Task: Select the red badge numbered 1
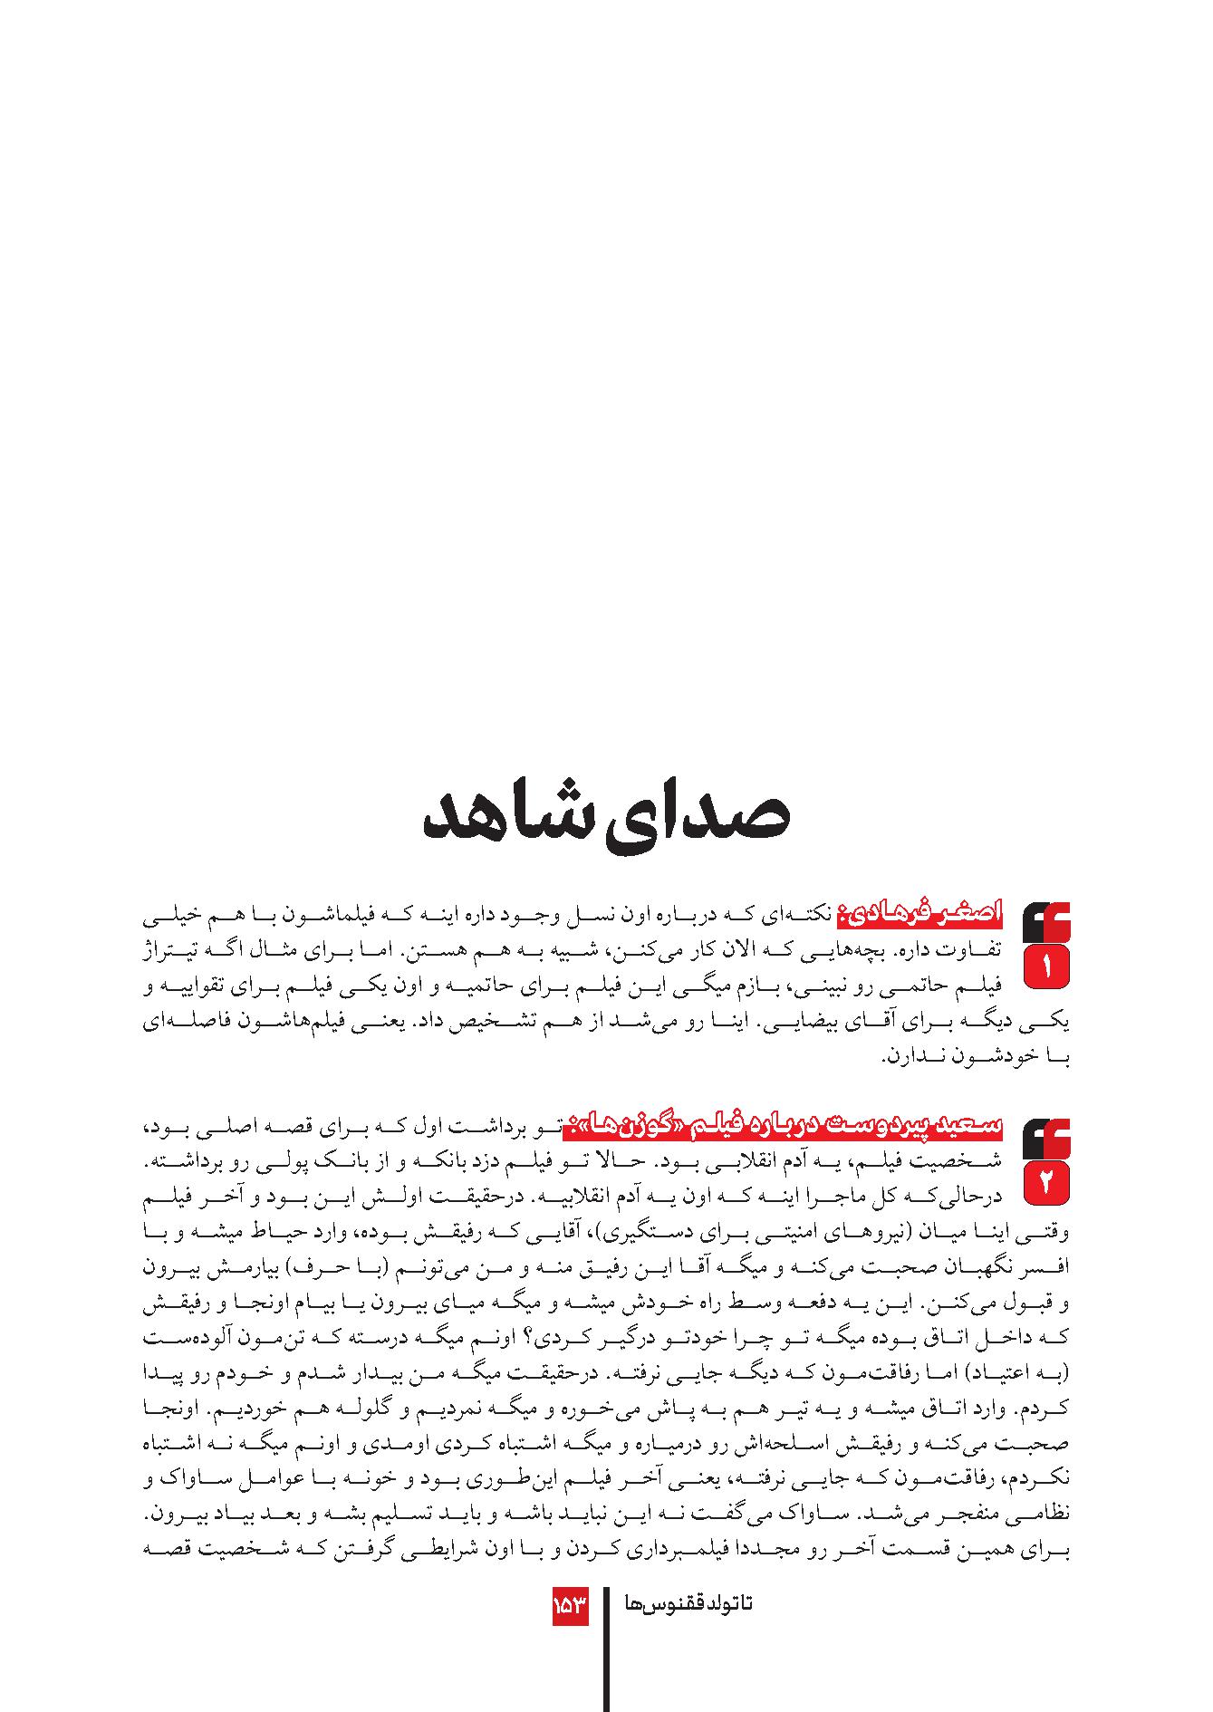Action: [1046, 967]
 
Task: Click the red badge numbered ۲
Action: [1046, 1183]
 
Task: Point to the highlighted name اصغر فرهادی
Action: [919, 913]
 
